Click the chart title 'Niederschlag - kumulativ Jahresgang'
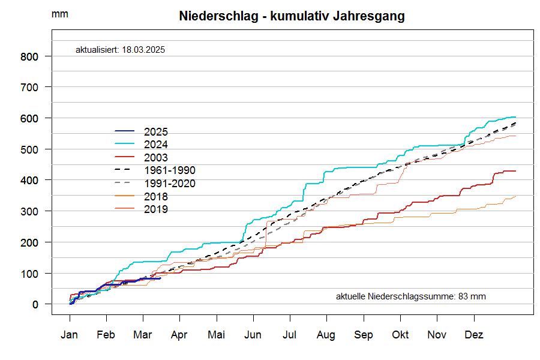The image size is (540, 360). pos(292,16)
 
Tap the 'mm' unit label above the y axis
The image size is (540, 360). pos(59,14)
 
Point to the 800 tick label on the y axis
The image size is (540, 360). pos(30,56)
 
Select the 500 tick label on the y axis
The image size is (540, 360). pos(30,149)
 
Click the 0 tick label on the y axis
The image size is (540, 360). pos(35,305)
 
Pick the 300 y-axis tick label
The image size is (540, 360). pos(30,211)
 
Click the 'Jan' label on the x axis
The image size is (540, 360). pos(70,335)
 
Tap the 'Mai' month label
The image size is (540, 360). pos(216,335)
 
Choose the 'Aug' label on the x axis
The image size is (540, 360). pos(326,335)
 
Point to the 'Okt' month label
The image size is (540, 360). pos(400,335)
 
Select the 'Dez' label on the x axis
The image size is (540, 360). pos(474,335)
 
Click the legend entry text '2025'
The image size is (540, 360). pos(156,132)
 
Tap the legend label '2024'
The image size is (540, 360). pos(156,145)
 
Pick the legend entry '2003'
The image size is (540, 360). pos(156,158)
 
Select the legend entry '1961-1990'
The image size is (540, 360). pos(170,170)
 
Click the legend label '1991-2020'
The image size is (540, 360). pos(170,184)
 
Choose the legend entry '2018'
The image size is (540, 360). pos(156,196)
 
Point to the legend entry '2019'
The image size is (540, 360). pos(156,209)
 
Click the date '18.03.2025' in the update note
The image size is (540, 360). pos(143,50)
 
